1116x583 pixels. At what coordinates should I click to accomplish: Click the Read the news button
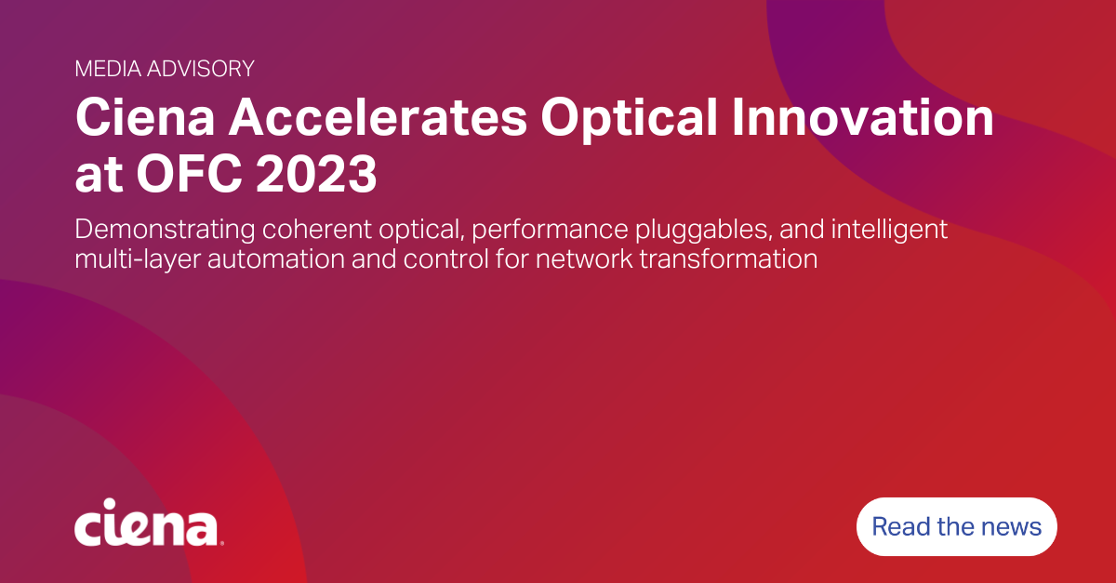tap(956, 527)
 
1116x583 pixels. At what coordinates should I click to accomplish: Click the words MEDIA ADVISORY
tap(164, 68)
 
